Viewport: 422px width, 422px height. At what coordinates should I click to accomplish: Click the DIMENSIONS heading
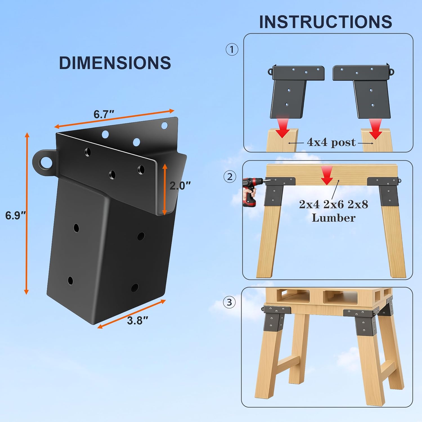click(115, 63)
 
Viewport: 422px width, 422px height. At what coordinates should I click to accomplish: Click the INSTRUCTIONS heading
click(326, 22)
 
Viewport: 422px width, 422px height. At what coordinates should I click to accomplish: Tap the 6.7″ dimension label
click(104, 115)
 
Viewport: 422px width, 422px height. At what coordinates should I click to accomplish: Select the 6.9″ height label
click(15, 216)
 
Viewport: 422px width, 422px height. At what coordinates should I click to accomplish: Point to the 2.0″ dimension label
click(180, 186)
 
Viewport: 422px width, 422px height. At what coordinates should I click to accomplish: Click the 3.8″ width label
click(137, 320)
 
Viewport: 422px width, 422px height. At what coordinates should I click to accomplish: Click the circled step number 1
click(232, 50)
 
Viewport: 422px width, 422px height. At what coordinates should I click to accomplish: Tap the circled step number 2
click(230, 177)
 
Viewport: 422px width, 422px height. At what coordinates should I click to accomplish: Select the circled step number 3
click(229, 302)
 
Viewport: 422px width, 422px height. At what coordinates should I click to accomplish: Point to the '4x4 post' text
click(331, 142)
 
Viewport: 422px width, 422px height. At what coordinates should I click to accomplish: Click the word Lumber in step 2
click(333, 218)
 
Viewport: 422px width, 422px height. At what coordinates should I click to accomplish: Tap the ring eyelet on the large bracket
click(44, 163)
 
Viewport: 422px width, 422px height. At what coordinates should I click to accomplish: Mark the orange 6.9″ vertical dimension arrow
click(26, 213)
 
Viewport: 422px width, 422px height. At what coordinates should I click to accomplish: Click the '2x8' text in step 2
click(358, 204)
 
